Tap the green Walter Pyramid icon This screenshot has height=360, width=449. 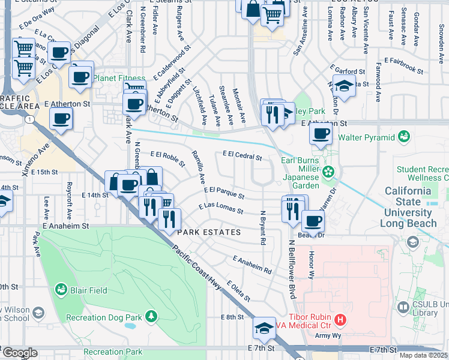pyautogui.click(x=404, y=137)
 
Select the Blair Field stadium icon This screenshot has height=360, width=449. pyautogui.click(x=61, y=290)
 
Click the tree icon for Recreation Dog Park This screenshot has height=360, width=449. pyautogui.click(x=152, y=316)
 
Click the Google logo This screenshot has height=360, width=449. pyautogui.click(x=20, y=353)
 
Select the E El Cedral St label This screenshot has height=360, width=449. pyautogui.click(x=242, y=155)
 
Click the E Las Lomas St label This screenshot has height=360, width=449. pyautogui.click(x=220, y=208)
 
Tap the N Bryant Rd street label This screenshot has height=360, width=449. pyautogui.click(x=262, y=227)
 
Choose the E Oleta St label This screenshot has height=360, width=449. pyautogui.click(x=238, y=291)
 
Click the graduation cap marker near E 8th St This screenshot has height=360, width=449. pyautogui.click(x=264, y=328)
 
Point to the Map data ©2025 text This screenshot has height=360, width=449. pyautogui.click(x=423, y=355)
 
